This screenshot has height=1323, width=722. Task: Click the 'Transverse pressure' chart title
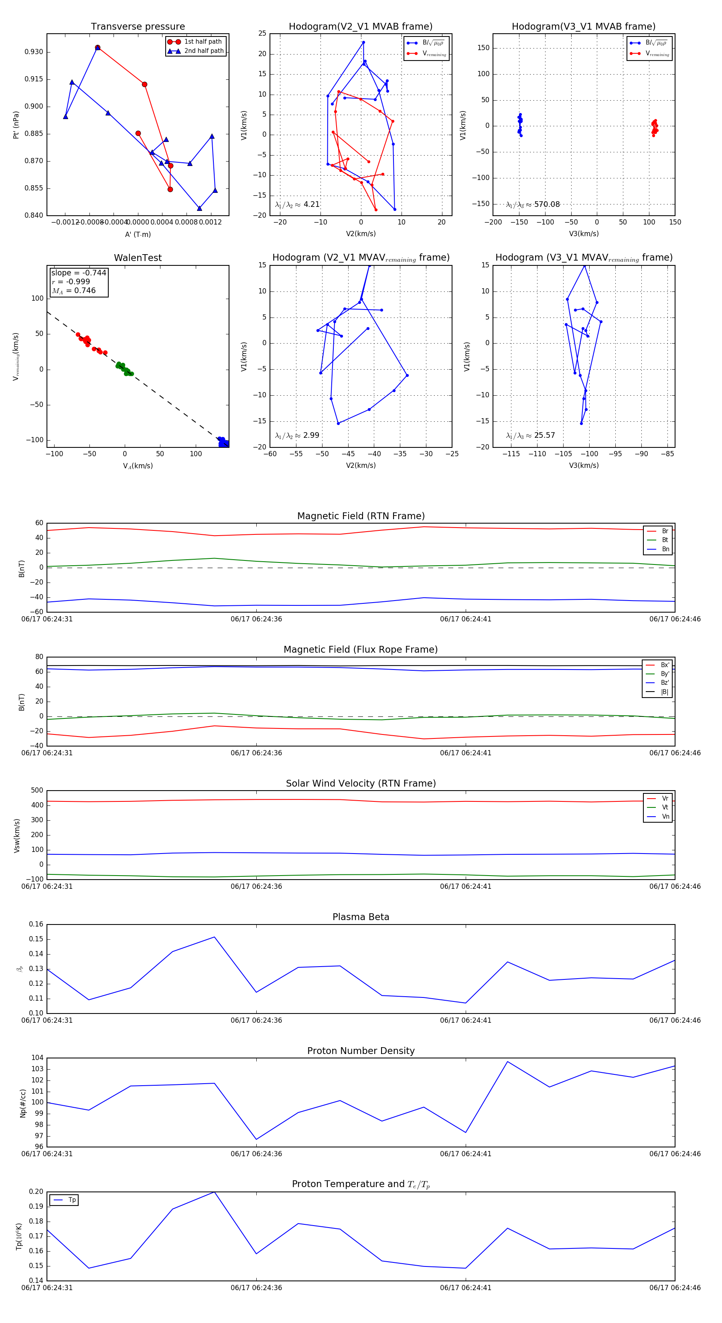tap(138, 27)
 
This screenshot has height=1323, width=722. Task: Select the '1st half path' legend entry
tap(203, 42)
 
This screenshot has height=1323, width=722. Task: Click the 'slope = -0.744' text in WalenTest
tap(79, 273)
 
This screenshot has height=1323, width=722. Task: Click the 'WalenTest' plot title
tap(138, 258)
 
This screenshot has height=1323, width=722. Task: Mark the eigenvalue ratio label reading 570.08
tap(533, 204)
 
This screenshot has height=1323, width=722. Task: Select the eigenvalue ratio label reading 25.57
tap(530, 435)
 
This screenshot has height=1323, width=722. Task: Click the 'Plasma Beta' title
tap(361, 917)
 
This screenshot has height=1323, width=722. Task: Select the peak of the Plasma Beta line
tap(214, 937)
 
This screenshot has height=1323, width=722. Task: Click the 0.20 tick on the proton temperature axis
tap(36, 1192)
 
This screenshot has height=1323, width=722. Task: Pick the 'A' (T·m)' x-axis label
tap(138, 234)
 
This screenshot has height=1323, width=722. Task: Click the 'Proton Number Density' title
tap(361, 1050)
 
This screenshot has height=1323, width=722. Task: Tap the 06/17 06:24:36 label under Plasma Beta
tap(256, 1020)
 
